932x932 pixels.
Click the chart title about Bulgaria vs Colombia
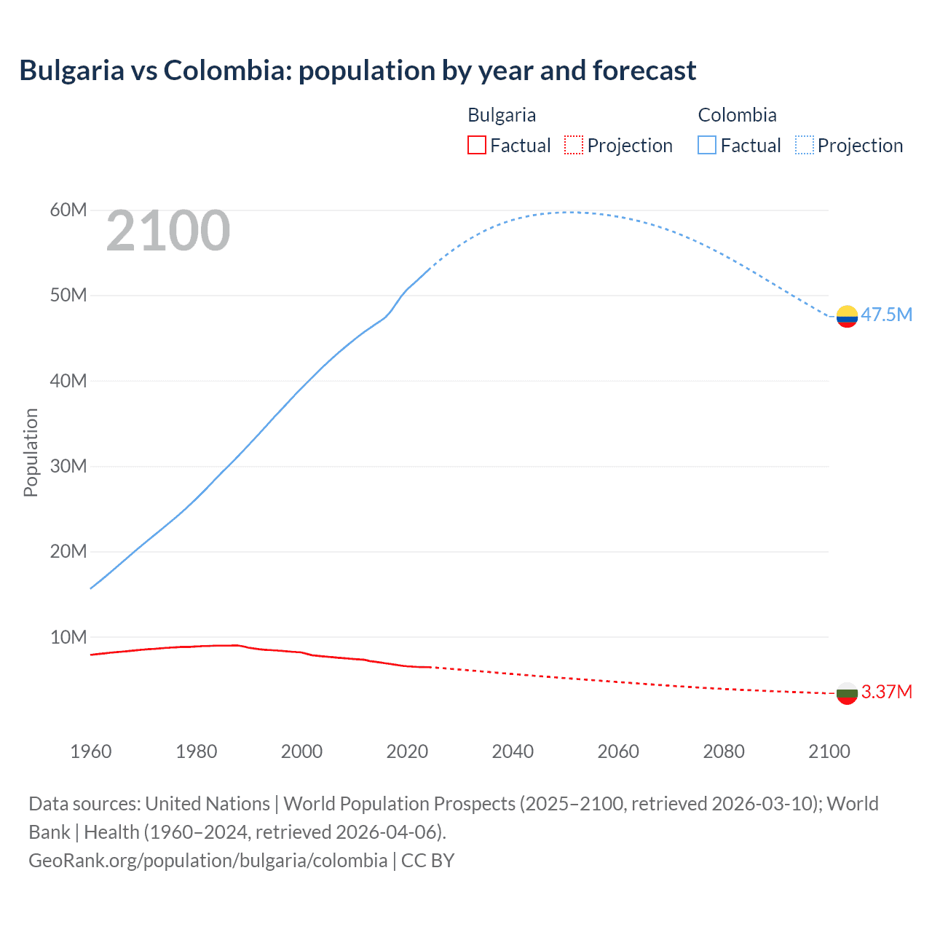coord(358,71)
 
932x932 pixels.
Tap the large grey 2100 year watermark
coord(168,231)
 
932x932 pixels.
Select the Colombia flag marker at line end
coord(847,316)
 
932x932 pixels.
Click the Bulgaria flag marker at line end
coord(847,693)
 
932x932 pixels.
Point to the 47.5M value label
coord(886,315)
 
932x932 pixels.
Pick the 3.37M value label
coord(886,692)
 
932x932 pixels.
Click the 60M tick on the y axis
coord(68,210)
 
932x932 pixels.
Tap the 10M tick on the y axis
coord(68,637)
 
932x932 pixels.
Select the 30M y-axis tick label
coord(68,466)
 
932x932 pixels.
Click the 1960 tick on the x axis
coord(91,751)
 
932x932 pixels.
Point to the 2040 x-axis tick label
coord(513,751)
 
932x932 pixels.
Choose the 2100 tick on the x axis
coord(829,751)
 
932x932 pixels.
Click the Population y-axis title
coord(31,452)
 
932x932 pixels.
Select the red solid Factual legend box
coord(476,146)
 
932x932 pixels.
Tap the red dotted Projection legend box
coord(574,146)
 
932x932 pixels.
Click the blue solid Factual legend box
coord(707,146)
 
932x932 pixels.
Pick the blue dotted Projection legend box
coord(805,146)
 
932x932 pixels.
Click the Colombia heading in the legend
coord(737,115)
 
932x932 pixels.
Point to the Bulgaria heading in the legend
coord(502,115)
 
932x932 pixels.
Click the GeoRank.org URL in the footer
coord(208,861)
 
